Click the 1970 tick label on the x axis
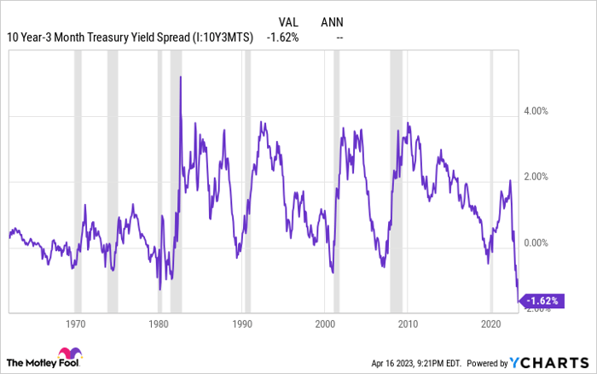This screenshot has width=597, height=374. pos(76,324)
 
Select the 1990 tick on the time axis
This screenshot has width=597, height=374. pos(241,324)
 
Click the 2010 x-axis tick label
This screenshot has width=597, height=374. pos(408,324)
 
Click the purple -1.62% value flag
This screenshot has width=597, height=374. pos(542,301)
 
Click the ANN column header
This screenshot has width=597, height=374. pos(333,22)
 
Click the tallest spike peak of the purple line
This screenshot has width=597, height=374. pos(181,77)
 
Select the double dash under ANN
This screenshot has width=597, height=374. pos(340,38)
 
